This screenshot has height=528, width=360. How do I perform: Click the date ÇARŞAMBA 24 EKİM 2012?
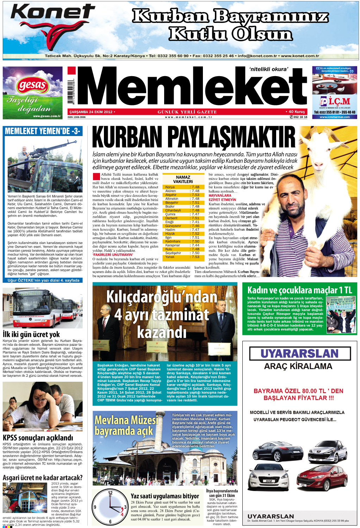[91, 112]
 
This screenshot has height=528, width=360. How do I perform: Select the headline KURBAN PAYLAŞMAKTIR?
[194, 138]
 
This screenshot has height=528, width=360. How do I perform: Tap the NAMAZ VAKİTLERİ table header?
[183, 179]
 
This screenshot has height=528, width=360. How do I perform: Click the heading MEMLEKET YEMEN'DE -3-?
[43, 131]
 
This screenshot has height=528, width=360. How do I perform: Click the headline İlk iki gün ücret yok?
[31, 334]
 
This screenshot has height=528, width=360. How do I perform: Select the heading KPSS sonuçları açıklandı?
[38, 438]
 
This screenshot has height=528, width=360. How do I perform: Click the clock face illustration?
[110, 508]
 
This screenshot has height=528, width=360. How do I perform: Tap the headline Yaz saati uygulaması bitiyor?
[165, 496]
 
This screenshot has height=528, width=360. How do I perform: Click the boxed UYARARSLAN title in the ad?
[299, 354]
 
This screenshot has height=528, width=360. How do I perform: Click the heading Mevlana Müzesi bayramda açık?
[126, 425]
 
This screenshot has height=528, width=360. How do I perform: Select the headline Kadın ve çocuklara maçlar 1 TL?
[300, 290]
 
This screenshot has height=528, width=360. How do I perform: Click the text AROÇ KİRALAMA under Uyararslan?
[298, 366]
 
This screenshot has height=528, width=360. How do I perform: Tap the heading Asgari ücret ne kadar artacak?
[43, 478]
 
